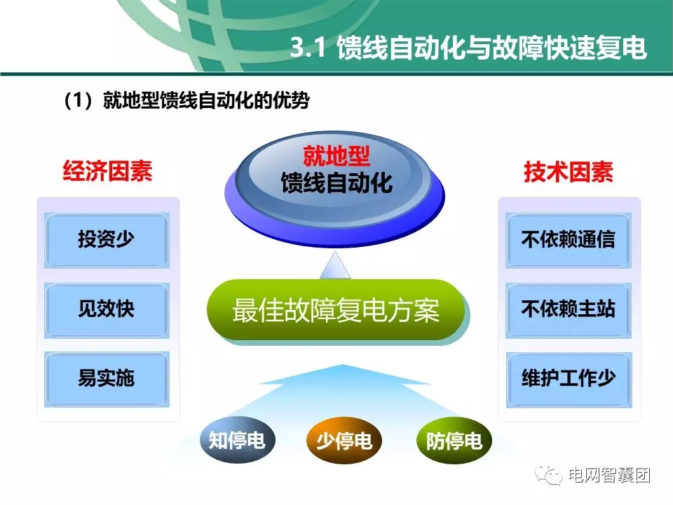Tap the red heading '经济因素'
pyautogui.click(x=107, y=171)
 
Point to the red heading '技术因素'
pyautogui.click(x=568, y=171)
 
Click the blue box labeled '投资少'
pyautogui.click(x=107, y=240)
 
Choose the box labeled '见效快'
pyautogui.click(x=107, y=309)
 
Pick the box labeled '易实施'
pyautogui.click(x=107, y=378)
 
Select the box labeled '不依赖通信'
pyautogui.click(x=568, y=240)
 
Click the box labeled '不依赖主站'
pyautogui.click(x=568, y=309)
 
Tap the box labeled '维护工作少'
pyautogui.click(x=568, y=378)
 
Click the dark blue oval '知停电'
pyautogui.click(x=237, y=440)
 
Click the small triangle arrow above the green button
pyautogui.click(x=336, y=265)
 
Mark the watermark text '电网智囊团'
pyautogui.click(x=609, y=476)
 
